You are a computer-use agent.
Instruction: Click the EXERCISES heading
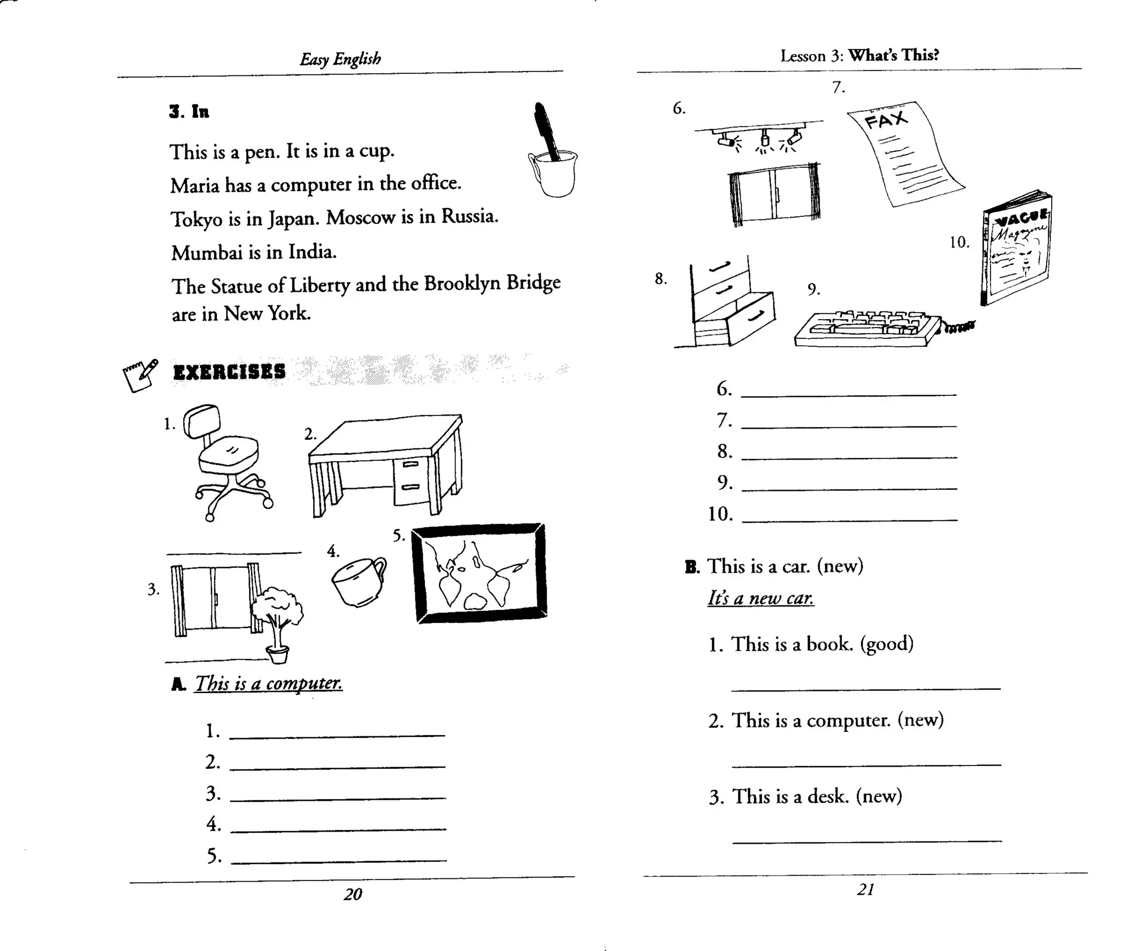(229, 372)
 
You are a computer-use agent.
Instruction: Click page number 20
(353, 894)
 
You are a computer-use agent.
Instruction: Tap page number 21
(866, 889)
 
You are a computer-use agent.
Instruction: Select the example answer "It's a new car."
(760, 598)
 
